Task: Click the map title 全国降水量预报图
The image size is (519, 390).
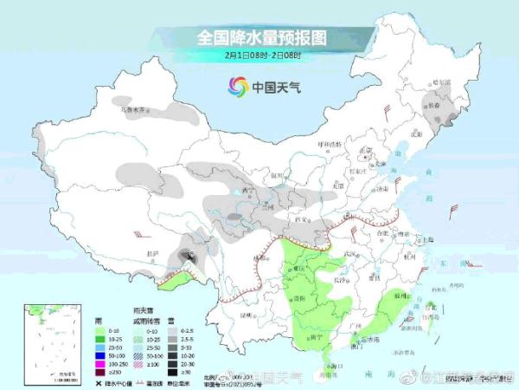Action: (259, 38)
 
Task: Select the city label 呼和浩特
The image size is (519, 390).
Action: (327, 144)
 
